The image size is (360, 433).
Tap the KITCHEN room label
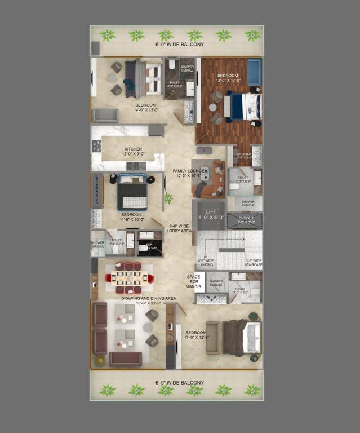click(x=134, y=149)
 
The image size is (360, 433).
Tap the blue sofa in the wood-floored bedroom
click(x=254, y=73)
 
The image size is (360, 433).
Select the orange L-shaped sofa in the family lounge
click(x=210, y=181)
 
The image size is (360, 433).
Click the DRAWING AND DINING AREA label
click(x=149, y=298)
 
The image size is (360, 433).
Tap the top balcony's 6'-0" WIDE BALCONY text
click(x=180, y=43)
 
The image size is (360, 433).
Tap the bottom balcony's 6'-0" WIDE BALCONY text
click(x=180, y=382)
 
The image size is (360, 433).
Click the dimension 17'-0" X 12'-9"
click(x=195, y=338)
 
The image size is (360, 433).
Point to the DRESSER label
click(x=244, y=153)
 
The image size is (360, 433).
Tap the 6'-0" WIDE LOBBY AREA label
click(x=180, y=228)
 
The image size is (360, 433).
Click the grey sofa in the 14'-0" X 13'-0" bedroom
click(x=105, y=115)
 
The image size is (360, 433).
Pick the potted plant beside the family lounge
click(x=167, y=198)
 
